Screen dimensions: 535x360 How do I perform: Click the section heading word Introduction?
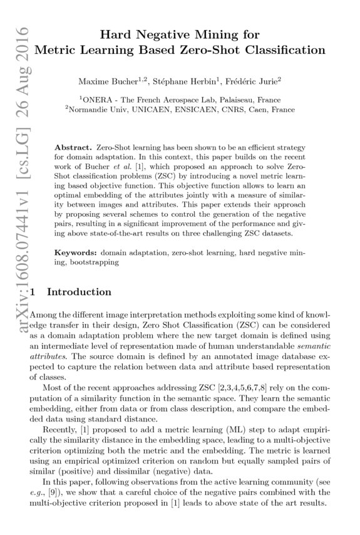click(80, 291)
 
